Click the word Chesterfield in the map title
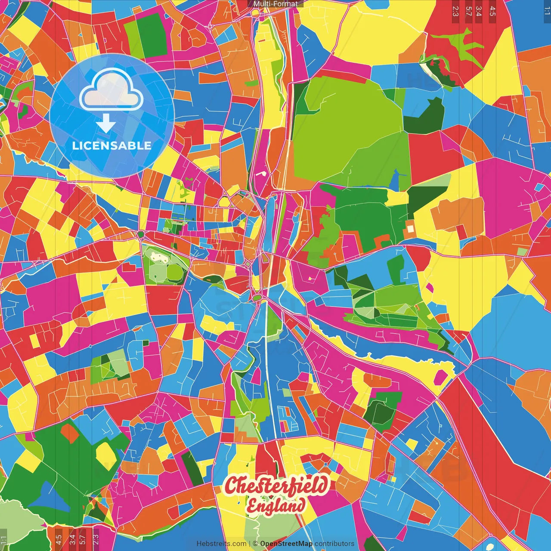276,486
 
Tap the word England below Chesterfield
276,506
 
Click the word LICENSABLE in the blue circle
111,145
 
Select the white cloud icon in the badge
111,89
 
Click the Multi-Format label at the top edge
275,4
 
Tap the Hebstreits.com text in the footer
221,544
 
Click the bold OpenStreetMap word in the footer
286,544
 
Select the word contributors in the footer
334,544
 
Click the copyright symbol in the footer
255,544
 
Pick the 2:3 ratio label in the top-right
455,11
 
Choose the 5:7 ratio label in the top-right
468,11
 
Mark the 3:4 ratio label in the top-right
479,11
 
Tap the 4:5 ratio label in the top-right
492,11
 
